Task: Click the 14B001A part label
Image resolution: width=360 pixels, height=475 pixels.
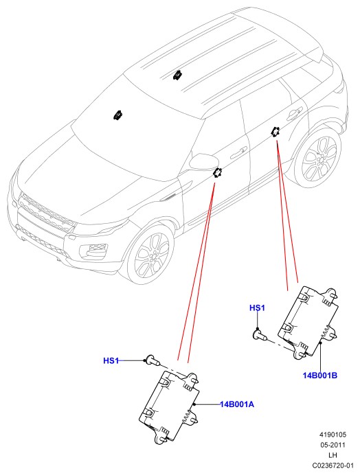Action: tap(237, 404)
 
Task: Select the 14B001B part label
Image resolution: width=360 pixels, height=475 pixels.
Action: tap(320, 375)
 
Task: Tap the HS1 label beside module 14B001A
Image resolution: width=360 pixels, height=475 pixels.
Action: tap(111, 361)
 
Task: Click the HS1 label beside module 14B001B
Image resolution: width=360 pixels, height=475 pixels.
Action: tap(257, 308)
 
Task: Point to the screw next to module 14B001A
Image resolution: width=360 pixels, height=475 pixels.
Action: tap(153, 360)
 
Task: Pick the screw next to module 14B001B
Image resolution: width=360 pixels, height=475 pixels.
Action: tap(260, 336)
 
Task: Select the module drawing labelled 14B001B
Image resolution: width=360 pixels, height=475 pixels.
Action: tap(308, 323)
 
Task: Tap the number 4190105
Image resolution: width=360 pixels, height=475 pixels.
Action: tap(333, 435)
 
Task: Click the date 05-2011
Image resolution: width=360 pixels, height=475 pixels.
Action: tap(333, 445)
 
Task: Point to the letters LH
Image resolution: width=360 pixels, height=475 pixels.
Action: tap(333, 455)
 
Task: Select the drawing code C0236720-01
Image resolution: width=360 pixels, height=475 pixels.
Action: tap(333, 465)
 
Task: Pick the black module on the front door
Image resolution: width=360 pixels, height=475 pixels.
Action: tap(217, 172)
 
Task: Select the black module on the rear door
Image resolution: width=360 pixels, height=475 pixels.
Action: tap(275, 132)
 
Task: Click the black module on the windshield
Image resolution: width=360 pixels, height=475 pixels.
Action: tap(117, 115)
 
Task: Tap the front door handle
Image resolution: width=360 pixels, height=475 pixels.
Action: tap(238, 151)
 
